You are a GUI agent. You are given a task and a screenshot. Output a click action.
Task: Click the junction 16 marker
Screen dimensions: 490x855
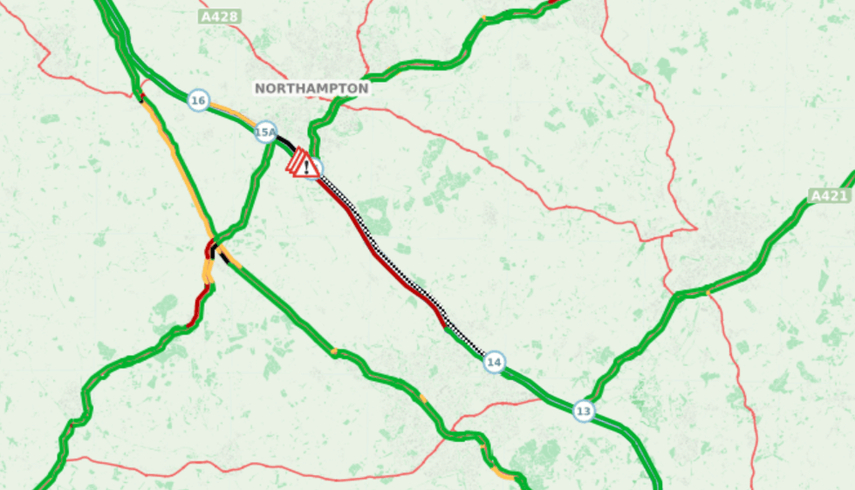point(198,101)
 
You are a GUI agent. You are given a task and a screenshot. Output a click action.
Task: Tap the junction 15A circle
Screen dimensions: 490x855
point(265,133)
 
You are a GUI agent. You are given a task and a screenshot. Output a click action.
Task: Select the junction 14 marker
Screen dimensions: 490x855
point(494,362)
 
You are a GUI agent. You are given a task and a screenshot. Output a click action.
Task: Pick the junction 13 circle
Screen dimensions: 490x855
point(584,410)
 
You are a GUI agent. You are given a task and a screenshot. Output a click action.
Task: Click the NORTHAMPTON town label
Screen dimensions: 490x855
point(311,88)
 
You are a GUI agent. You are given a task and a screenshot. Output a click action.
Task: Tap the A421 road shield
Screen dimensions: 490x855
point(829,195)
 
